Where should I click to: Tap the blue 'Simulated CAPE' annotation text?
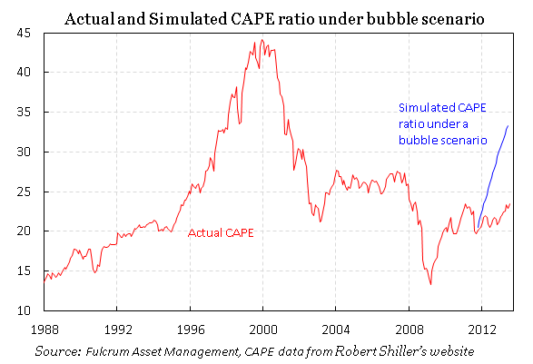coord(442,124)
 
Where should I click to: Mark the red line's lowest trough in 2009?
coord(431,284)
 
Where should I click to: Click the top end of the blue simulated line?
coord(507,126)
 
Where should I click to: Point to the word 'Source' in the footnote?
coord(55,350)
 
